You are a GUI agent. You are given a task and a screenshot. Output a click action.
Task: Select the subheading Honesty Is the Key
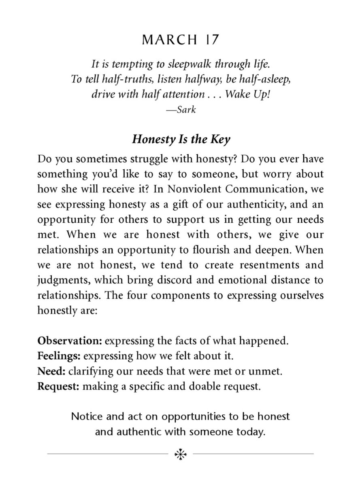181,139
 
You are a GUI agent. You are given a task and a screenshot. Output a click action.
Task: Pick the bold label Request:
59,386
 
